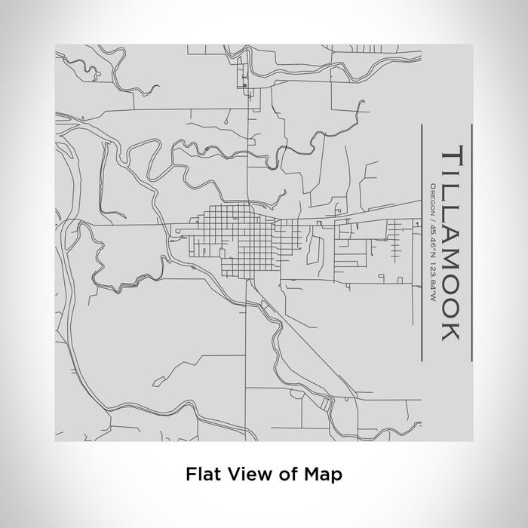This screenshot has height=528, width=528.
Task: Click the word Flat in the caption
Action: click(x=200, y=474)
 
